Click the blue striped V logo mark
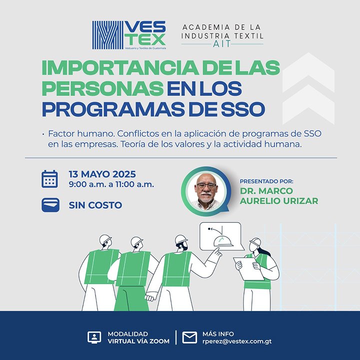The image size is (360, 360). pos(108,35)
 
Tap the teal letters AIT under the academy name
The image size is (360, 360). pos(222,44)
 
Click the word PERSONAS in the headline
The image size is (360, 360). pos(102,88)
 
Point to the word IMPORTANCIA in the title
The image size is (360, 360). pos(120,68)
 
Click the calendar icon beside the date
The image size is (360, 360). pos(49,179)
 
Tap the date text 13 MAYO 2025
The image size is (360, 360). pos(102,174)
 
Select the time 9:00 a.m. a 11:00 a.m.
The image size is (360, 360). pos(111,184)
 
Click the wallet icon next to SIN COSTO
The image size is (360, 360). pos(50,205)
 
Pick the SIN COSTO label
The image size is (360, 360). pos(95,205)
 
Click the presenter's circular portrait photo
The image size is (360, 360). pos(206,191)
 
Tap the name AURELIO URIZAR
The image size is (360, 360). pos(279,201)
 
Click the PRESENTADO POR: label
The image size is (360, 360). pos(266,181)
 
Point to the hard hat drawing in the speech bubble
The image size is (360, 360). pos(222,241)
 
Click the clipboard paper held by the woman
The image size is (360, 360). pos(249,269)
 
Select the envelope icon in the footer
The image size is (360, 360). pos(189,337)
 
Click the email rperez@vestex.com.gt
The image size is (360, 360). pos(237,341)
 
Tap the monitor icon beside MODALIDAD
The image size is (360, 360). pos(94,337)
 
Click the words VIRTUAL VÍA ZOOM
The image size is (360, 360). pos(138,341)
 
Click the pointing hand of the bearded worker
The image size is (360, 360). pos(216,252)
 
